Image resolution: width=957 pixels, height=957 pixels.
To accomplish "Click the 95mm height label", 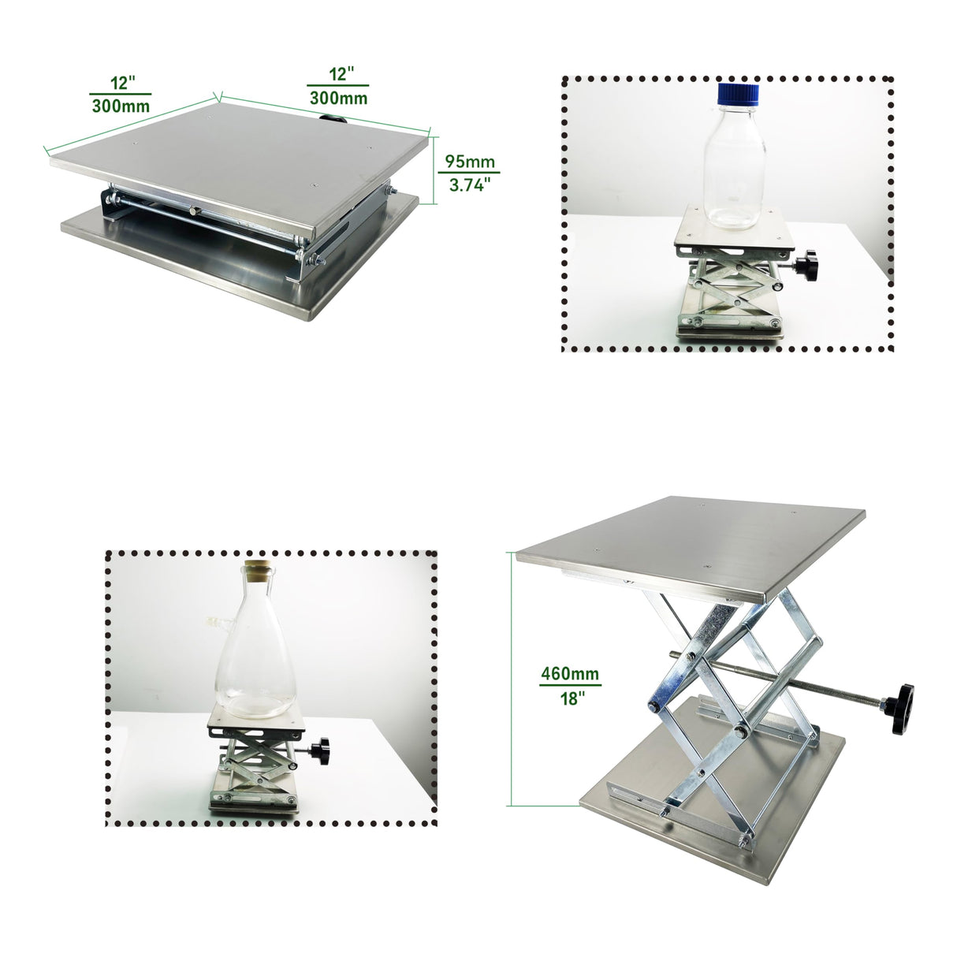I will coord(470,162).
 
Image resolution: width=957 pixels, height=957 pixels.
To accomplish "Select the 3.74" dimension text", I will coord(470,185).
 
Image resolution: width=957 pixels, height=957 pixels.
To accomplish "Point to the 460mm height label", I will coord(569,674).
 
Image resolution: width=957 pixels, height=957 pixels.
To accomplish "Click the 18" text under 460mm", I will coord(570,698).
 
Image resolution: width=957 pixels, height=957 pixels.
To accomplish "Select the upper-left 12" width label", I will coord(123,82).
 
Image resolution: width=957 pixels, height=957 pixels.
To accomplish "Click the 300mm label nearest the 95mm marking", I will coord(338,98).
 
